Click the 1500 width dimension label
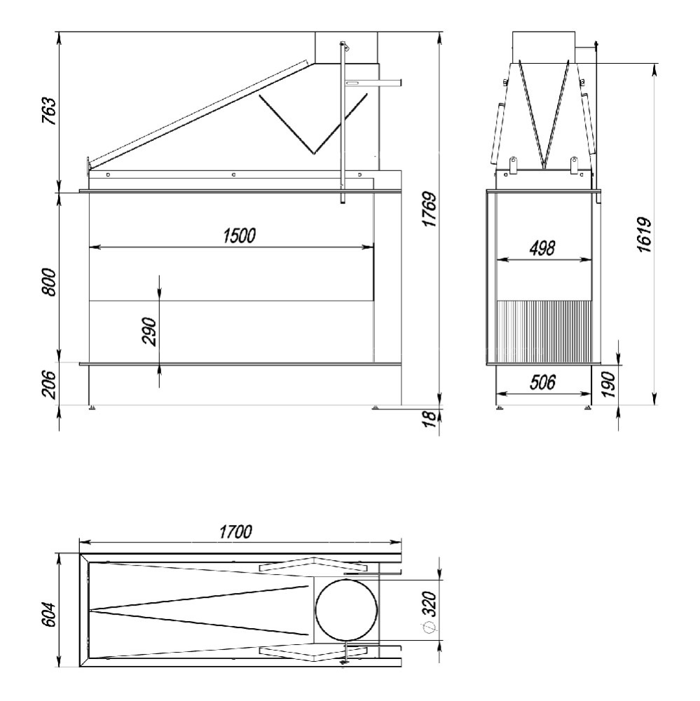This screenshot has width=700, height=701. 240,236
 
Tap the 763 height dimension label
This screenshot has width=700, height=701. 49,111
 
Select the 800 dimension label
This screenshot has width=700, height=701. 49,282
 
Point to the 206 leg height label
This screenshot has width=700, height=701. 49,384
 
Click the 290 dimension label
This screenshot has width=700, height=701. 149,332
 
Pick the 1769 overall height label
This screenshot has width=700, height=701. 430,209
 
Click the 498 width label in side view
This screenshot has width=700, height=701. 542,248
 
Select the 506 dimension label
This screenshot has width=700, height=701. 542,383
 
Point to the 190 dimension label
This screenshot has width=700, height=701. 608,384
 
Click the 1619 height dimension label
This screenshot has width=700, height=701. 645,235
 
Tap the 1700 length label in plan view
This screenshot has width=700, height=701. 235,532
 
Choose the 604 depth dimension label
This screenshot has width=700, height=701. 49,614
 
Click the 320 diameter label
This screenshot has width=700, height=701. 429,604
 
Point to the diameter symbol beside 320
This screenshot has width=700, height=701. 429,627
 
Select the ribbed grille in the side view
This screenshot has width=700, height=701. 544,332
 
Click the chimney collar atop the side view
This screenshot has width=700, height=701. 544,47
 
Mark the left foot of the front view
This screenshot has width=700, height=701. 92,407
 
